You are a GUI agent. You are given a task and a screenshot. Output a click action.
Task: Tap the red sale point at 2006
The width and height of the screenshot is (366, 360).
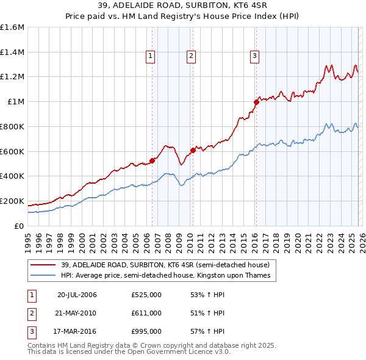(x=152, y=160)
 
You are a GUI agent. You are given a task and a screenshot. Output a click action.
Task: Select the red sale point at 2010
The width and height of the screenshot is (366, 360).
(x=193, y=149)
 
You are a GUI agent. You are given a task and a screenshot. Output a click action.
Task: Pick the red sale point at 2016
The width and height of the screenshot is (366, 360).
(x=256, y=102)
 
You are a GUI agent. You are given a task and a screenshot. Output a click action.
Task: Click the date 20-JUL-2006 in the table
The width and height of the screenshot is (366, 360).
(x=77, y=295)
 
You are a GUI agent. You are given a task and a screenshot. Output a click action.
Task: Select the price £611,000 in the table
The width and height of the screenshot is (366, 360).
(x=146, y=313)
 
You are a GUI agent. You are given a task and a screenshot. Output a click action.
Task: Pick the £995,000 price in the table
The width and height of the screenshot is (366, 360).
(x=146, y=331)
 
